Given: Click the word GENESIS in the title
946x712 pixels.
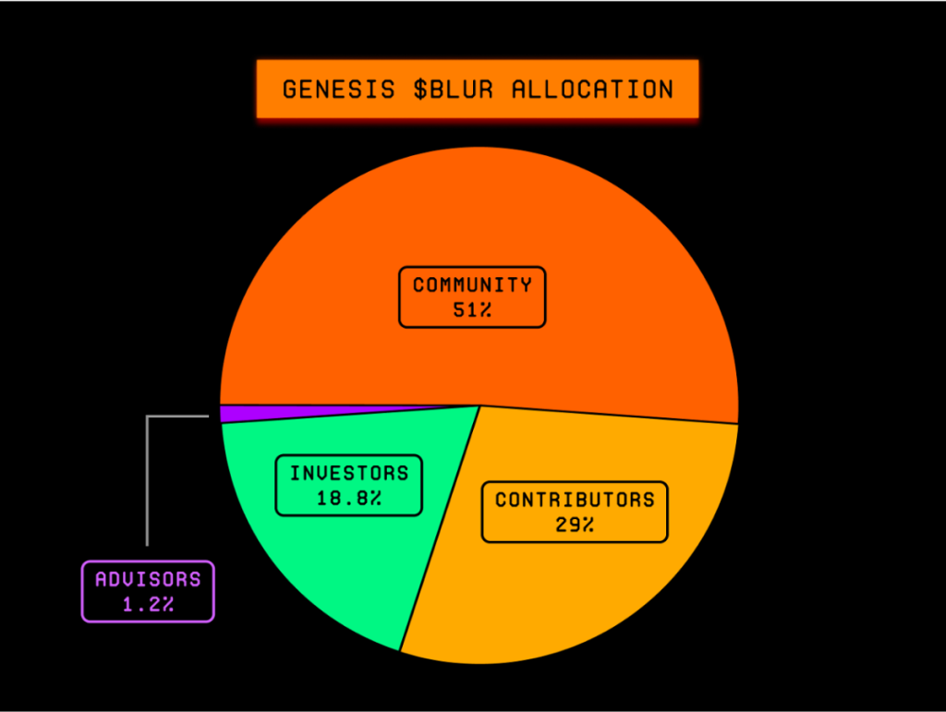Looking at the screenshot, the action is pos(338,90).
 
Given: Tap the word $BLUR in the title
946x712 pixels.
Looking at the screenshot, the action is pos(454,90).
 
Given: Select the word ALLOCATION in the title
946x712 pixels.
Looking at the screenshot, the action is pos(592,90).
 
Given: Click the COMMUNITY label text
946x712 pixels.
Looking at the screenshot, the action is pos(472,284).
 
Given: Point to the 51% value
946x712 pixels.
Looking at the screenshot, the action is pos(472,310).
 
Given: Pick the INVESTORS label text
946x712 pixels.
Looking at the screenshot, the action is pos(349,473).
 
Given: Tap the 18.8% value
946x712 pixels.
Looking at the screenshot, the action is pos(349,498).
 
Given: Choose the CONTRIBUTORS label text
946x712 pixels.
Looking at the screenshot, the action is pos(575,500).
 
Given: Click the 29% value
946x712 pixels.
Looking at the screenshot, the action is pos(575,525).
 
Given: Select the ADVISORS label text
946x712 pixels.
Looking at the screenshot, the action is pos(148,579).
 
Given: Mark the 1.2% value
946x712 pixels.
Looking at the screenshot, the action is pos(149,604).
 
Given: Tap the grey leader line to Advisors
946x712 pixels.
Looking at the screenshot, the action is pos(147,458).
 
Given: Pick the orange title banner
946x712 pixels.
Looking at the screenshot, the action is pos(478,90).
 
